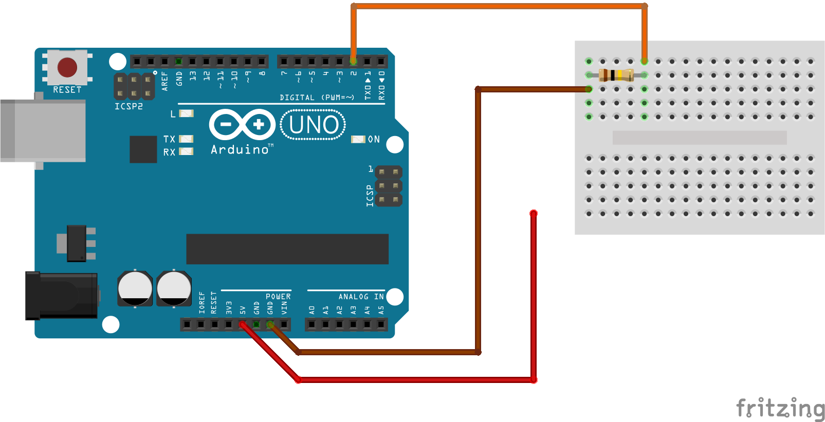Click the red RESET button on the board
[x=67, y=67]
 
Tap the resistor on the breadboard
[x=616, y=75]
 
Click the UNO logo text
[x=313, y=125]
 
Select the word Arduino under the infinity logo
[x=240, y=149]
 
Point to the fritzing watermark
[x=780, y=408]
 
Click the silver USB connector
[x=43, y=131]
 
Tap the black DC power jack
[x=62, y=295]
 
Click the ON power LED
[x=358, y=139]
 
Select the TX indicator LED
[x=186, y=139]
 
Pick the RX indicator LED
[x=186, y=151]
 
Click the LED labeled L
[x=186, y=113]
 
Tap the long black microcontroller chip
[x=287, y=249]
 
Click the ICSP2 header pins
[x=134, y=86]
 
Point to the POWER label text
[x=278, y=297]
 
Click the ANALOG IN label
[x=361, y=297]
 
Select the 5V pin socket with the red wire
[x=242, y=324]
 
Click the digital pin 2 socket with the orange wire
[x=353, y=62]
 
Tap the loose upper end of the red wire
[x=534, y=213]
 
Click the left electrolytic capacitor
[x=135, y=289]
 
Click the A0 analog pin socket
[x=311, y=324]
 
